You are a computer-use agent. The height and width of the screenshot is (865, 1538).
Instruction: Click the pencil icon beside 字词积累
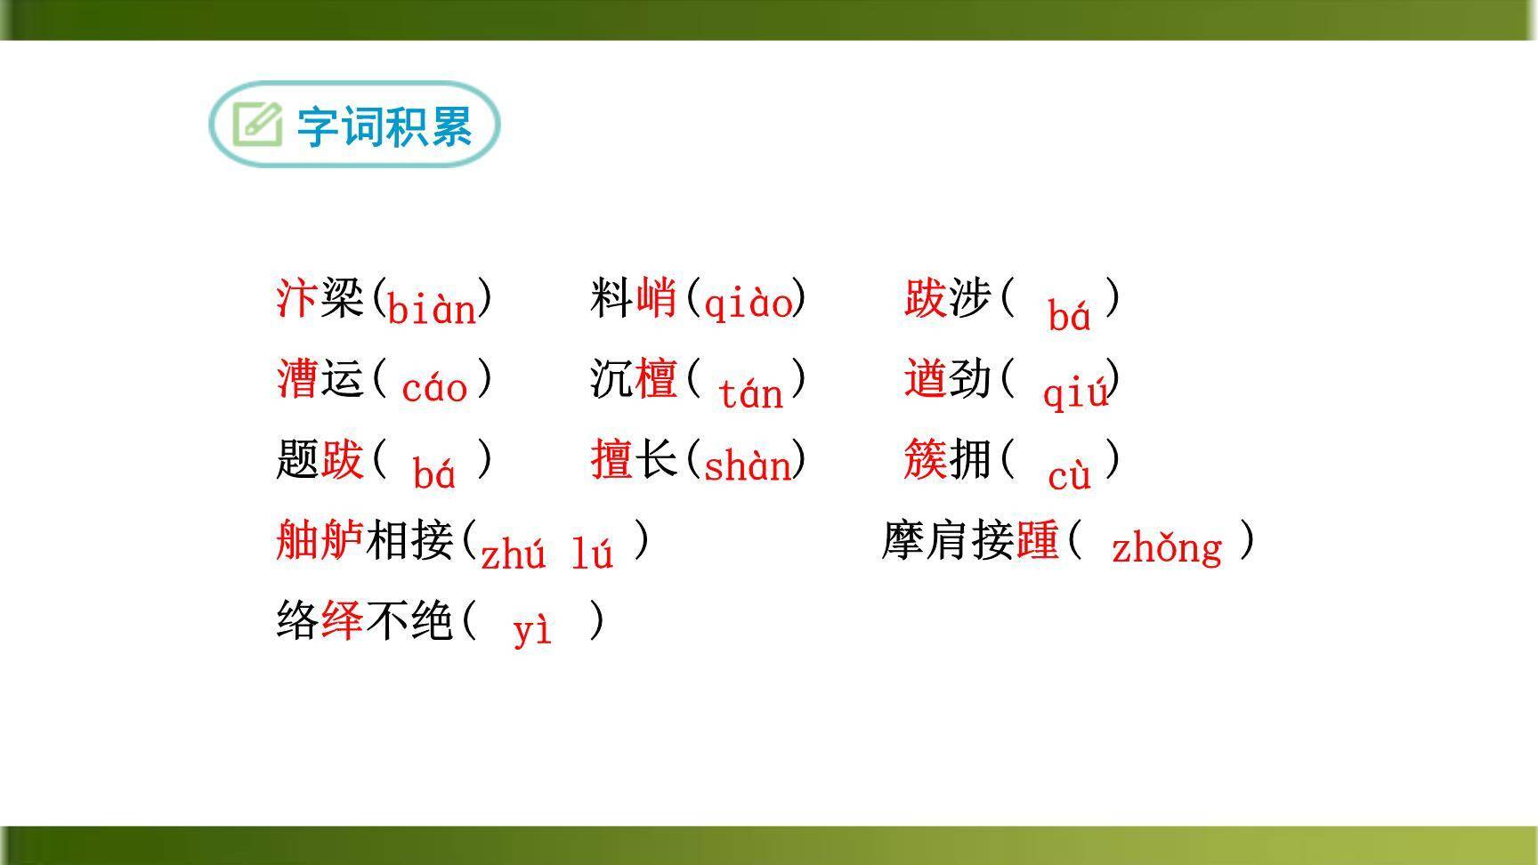(x=257, y=125)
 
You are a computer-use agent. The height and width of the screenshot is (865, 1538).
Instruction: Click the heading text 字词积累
(x=384, y=126)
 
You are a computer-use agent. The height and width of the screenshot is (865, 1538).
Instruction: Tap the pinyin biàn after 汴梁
(x=433, y=309)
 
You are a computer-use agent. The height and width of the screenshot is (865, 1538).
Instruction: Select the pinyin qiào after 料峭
(x=748, y=303)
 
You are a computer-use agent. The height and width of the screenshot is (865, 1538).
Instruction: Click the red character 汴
(x=296, y=297)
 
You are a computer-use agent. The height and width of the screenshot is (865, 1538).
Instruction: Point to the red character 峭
(x=656, y=297)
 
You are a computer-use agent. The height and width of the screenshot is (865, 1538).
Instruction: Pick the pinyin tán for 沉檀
(x=750, y=392)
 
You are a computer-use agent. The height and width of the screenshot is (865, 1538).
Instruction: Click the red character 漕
(x=296, y=377)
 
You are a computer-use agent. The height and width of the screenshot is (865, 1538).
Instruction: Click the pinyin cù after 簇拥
(x=1069, y=475)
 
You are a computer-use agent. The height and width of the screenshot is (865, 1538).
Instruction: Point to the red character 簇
(x=926, y=459)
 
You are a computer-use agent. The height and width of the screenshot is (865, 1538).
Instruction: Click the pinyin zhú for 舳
(x=513, y=554)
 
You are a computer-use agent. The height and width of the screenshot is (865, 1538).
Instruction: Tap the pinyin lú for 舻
(x=592, y=554)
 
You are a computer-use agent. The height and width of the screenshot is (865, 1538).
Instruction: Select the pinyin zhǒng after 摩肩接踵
(x=1166, y=546)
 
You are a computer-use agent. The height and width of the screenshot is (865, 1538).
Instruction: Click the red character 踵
(x=1037, y=540)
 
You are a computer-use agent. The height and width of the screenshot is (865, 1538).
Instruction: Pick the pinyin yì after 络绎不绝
(x=532, y=629)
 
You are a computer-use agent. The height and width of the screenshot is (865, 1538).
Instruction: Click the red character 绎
(x=342, y=620)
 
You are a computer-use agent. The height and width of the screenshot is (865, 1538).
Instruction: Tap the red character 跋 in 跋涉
(x=925, y=297)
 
